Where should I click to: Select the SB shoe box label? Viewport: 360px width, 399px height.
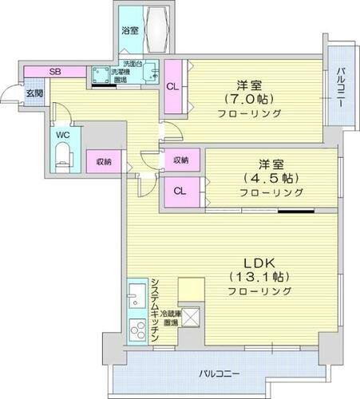pyautogui.click(x=54, y=72)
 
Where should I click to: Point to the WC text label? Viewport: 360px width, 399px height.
pyautogui.click(x=64, y=135)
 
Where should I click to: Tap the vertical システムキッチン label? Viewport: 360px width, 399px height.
pyautogui.click(x=154, y=311)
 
